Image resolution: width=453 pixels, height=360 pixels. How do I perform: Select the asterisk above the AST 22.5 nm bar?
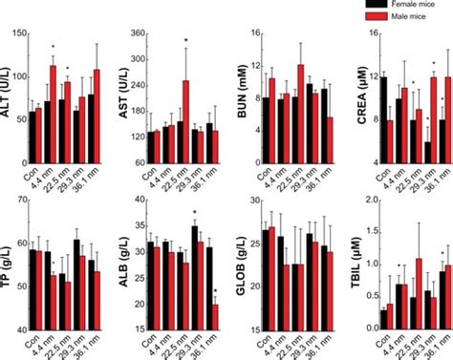coord(185,40)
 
